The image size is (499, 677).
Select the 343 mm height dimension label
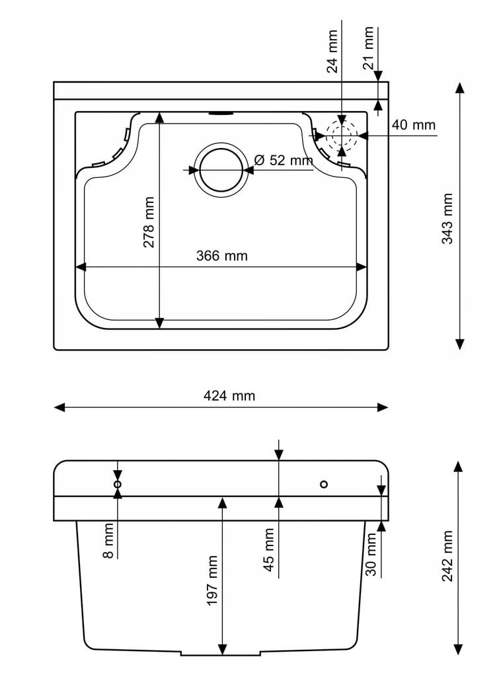coord(448,219)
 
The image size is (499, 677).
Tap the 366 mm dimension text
coord(222,256)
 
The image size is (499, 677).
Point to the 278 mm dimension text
coord(149,222)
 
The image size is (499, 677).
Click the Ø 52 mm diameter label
coord(283,160)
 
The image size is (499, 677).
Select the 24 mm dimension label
coord(332,51)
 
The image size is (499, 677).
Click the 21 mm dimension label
coord(369,48)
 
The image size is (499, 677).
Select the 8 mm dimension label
coord(109,541)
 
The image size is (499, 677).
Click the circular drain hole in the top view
coord(221,170)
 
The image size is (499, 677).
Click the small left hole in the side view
coord(118,485)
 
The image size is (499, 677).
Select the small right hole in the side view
coord(323,485)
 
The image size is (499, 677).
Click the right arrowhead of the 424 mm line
coord(383,407)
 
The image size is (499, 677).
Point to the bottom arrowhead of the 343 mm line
coord(460,344)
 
